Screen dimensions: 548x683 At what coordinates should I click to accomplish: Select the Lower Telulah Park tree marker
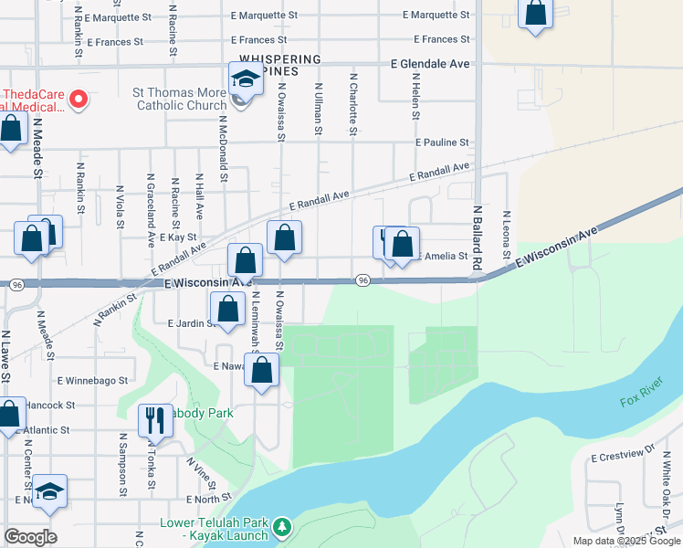click(283, 527)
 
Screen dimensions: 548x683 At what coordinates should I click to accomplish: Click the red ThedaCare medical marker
click(79, 99)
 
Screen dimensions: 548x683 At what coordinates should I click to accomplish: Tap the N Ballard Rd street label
click(476, 237)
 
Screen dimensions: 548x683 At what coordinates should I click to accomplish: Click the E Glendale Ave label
click(430, 64)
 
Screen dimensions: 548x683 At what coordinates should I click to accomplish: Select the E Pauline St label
click(441, 142)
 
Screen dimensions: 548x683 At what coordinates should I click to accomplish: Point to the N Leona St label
click(505, 237)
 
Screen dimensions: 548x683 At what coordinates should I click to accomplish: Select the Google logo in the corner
click(30, 537)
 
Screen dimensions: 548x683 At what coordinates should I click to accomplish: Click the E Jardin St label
click(190, 322)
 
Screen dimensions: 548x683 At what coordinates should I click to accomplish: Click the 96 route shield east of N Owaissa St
click(363, 279)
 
